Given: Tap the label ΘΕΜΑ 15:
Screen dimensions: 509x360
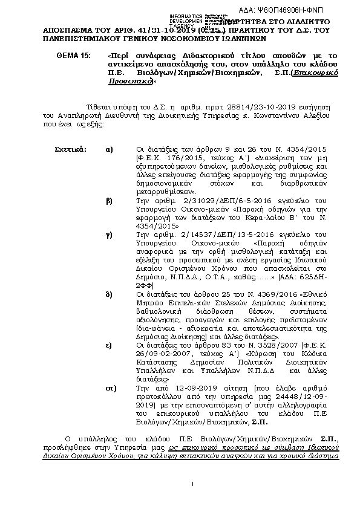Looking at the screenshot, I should click(73, 55).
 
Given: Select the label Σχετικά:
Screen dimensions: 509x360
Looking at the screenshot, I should click(70, 149).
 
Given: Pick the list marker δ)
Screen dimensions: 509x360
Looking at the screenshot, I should click(109, 294).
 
